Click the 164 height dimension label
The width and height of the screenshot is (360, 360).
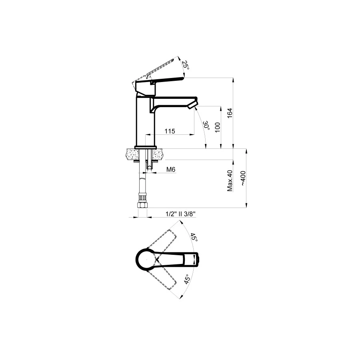[230, 113]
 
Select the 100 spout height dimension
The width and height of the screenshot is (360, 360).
[217, 127]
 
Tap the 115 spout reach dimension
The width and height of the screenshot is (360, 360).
[170, 131]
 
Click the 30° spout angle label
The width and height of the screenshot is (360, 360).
[206, 126]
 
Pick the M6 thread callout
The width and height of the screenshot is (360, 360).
[171, 170]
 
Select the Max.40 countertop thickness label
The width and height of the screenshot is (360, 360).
[230, 181]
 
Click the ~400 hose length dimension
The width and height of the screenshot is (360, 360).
[243, 178]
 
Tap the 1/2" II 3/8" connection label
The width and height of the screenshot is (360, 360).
[180, 214]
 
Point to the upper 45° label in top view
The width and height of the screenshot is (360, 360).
[194, 237]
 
